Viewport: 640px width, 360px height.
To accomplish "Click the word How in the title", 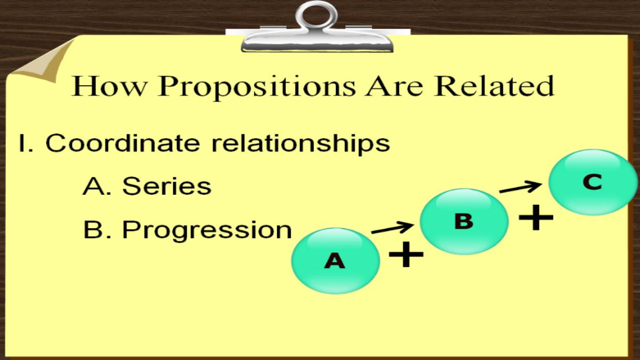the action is (109, 86).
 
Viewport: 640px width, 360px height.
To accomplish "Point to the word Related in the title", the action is (494, 85).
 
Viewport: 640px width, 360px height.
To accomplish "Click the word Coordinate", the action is (123, 142).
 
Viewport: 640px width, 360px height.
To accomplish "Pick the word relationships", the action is (301, 144).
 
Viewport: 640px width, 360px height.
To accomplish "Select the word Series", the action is (167, 186).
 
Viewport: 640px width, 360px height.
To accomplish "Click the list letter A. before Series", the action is (97, 186).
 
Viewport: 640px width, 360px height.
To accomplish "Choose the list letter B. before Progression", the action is (97, 229).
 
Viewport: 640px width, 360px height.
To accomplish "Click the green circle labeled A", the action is (335, 261).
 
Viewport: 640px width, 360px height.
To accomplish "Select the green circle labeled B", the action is (464, 221).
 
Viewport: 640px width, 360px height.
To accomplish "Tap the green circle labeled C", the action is (593, 182).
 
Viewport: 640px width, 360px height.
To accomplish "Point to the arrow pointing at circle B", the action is (393, 228).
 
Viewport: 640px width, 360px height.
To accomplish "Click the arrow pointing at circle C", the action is (521, 187).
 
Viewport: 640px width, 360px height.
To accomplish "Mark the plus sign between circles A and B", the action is (406, 254).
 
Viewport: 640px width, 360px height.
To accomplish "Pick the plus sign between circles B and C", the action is (535, 217).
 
